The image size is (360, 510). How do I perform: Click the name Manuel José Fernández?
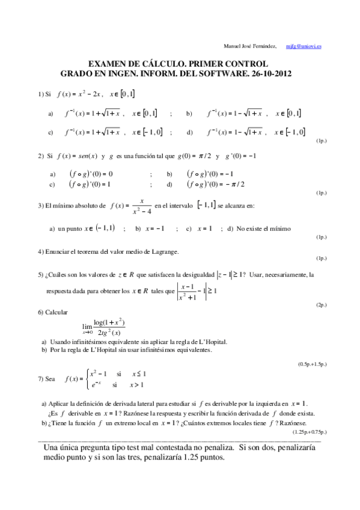click(250, 46)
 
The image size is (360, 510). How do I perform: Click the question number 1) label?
click(41, 94)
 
